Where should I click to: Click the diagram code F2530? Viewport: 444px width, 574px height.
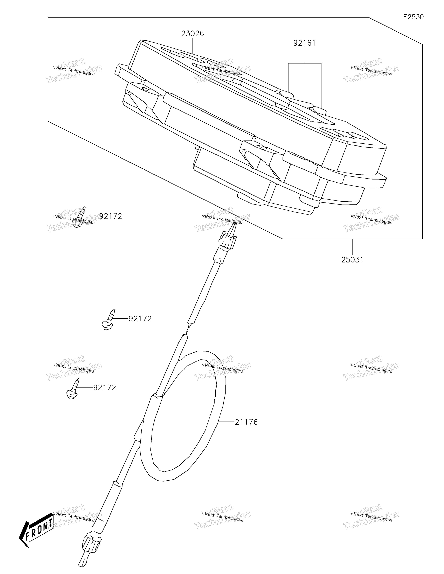point(414,17)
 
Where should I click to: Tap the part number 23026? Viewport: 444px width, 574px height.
point(193,34)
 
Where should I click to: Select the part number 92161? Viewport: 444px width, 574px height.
point(305,43)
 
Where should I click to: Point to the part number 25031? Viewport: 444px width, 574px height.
point(352,260)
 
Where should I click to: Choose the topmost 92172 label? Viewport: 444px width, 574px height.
point(111,216)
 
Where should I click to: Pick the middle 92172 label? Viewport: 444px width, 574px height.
point(140,319)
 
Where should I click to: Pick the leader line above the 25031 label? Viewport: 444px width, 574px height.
point(353,247)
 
